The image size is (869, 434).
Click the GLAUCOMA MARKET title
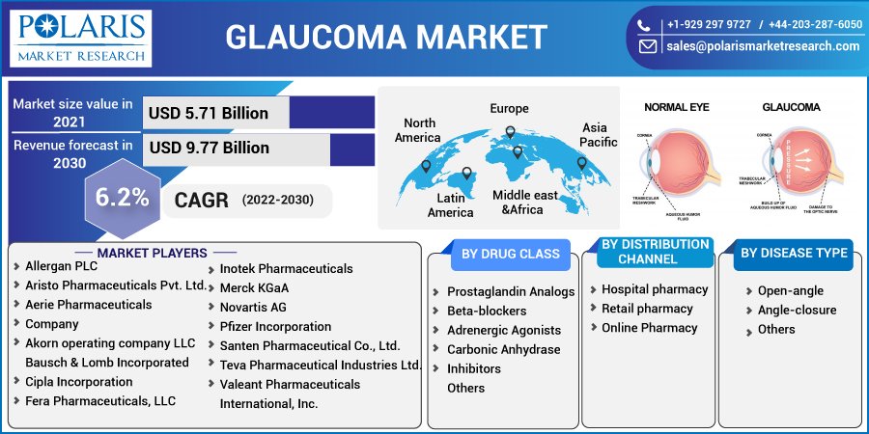[386, 37]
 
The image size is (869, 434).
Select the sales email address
[763, 45]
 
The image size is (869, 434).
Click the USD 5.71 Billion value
[209, 113]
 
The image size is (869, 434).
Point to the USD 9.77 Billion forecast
[209, 148]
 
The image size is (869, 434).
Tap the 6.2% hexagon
[122, 198]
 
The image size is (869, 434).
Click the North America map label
[418, 130]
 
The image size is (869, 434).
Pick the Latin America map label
[451, 204]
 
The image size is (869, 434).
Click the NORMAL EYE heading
[677, 107]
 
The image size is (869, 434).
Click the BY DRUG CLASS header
[511, 254]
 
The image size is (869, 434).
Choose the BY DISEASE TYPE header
[794, 254]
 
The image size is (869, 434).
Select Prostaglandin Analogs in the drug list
[511, 291]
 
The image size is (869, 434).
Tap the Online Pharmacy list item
[649, 328]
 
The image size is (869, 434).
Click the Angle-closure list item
[797, 310]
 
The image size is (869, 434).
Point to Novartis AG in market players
[253, 307]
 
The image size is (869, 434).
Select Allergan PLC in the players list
[61, 265]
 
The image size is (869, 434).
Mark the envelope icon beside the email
[648, 45]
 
